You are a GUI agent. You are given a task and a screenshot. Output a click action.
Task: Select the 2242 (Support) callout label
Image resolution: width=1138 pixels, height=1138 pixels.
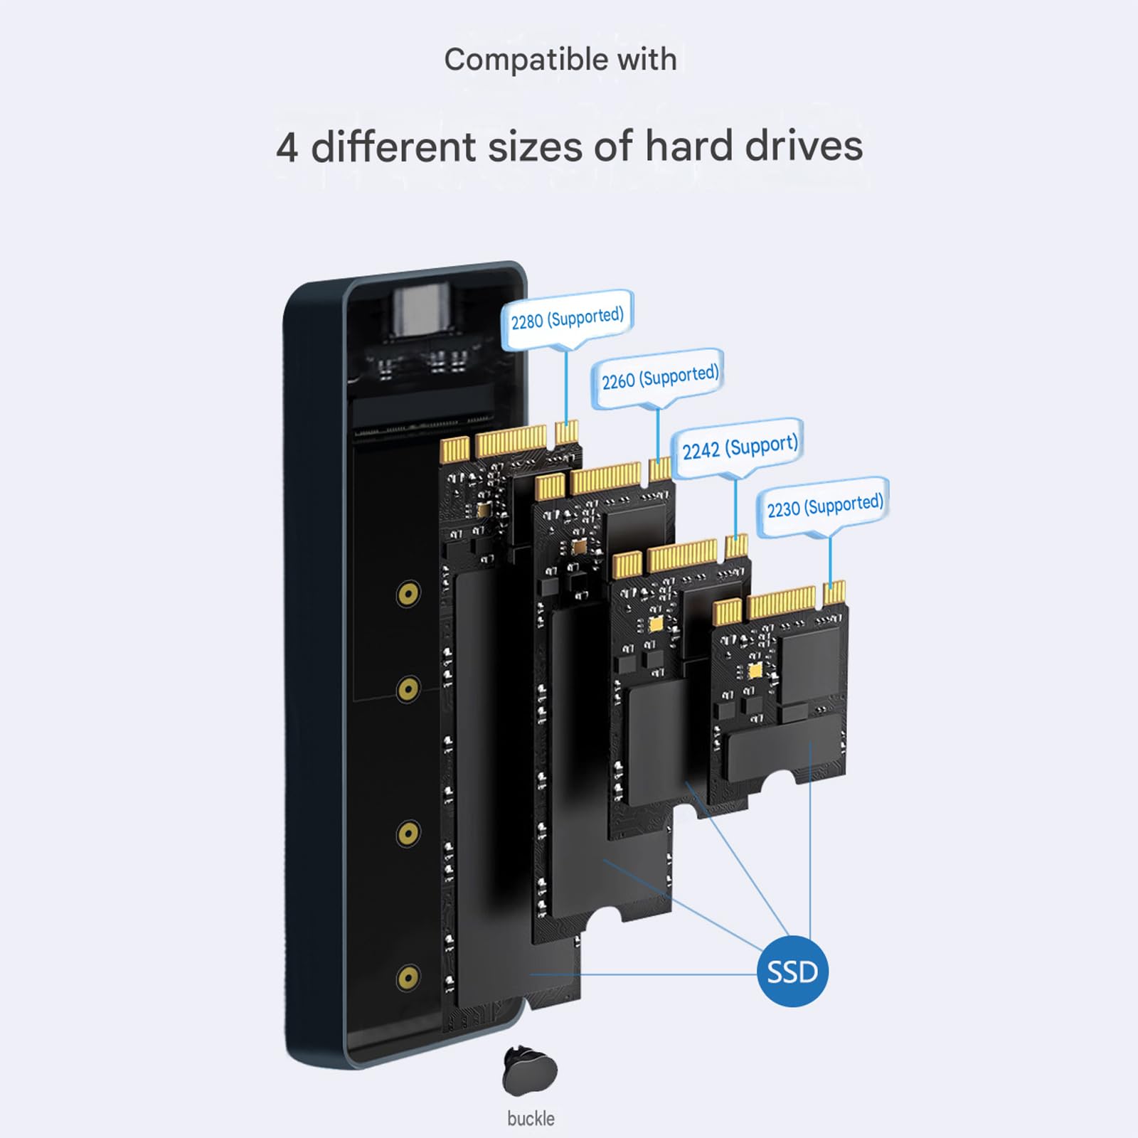739,447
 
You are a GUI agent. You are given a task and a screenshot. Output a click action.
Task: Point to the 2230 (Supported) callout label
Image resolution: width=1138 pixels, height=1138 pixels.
824,506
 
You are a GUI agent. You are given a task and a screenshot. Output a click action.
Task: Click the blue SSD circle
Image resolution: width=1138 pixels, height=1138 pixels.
792,971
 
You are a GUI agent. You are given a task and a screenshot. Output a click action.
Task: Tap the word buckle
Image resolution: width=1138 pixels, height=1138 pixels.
531,1119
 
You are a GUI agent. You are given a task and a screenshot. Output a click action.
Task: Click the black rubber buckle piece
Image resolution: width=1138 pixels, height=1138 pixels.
530,1071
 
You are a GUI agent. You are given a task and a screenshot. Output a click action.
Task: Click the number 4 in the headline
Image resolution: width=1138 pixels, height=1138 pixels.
287,148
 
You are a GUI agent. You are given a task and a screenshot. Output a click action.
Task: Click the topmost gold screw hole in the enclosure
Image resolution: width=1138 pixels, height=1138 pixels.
408,593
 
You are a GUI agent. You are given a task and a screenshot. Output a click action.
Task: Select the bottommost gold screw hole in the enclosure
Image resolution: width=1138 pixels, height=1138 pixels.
408,978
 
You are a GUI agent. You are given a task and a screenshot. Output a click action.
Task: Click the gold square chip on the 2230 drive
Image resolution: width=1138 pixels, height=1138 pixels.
755,670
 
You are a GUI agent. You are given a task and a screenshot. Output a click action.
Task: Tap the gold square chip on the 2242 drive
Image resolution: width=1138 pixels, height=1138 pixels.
656,624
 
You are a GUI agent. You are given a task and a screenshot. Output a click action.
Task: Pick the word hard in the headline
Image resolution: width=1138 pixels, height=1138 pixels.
688,147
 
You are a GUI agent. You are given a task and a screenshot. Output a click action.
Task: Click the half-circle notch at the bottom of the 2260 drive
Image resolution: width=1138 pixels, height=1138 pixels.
605,917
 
